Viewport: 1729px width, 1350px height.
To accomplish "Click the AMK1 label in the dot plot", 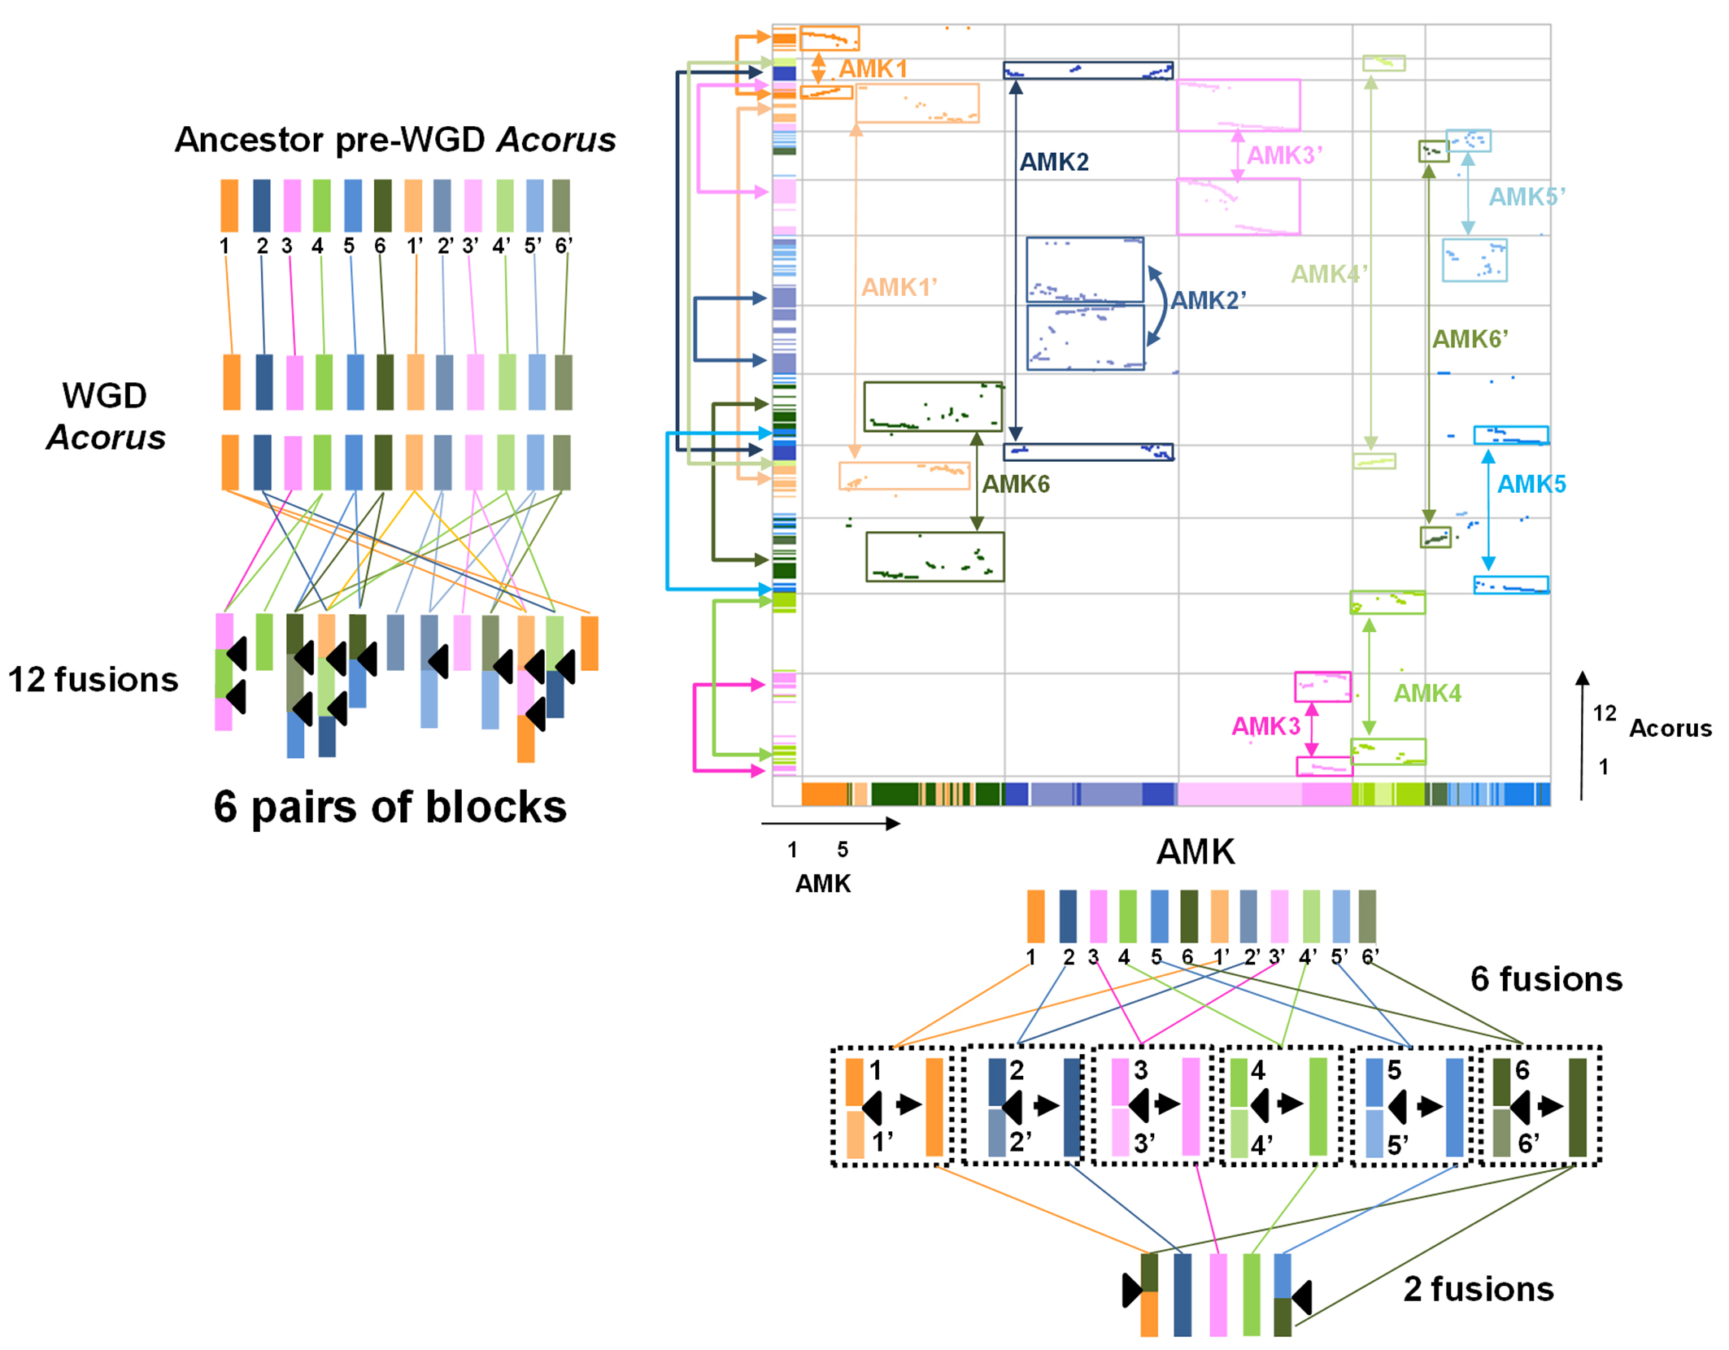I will (873, 69).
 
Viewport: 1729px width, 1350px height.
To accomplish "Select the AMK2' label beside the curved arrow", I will (1208, 301).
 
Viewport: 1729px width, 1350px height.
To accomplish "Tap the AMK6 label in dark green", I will (1016, 485).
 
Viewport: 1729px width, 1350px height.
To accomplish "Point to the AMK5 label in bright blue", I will (1531, 485).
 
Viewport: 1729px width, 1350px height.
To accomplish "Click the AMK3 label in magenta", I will (1265, 726).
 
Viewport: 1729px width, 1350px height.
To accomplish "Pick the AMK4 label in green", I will (1427, 694).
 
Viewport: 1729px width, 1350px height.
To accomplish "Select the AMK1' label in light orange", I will (899, 287).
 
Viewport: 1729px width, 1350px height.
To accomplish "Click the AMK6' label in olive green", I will (1470, 339).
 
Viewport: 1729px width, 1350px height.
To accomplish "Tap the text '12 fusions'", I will (93, 680).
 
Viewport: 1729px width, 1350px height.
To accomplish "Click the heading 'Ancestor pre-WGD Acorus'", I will (395, 140).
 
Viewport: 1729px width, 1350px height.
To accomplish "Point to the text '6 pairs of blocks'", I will (390, 808).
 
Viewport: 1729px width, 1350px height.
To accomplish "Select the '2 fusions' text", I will (1478, 1290).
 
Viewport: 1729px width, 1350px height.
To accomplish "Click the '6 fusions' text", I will (1546, 979).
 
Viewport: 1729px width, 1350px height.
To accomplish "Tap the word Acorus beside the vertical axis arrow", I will (1670, 729).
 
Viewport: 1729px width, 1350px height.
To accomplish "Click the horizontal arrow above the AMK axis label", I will (830, 824).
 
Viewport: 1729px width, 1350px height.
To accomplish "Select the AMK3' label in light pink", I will (1284, 155).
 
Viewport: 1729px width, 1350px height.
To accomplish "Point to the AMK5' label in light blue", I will (1526, 197).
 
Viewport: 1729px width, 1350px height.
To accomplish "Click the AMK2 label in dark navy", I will (1054, 163).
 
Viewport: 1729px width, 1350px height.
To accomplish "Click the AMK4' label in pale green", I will (1329, 274).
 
